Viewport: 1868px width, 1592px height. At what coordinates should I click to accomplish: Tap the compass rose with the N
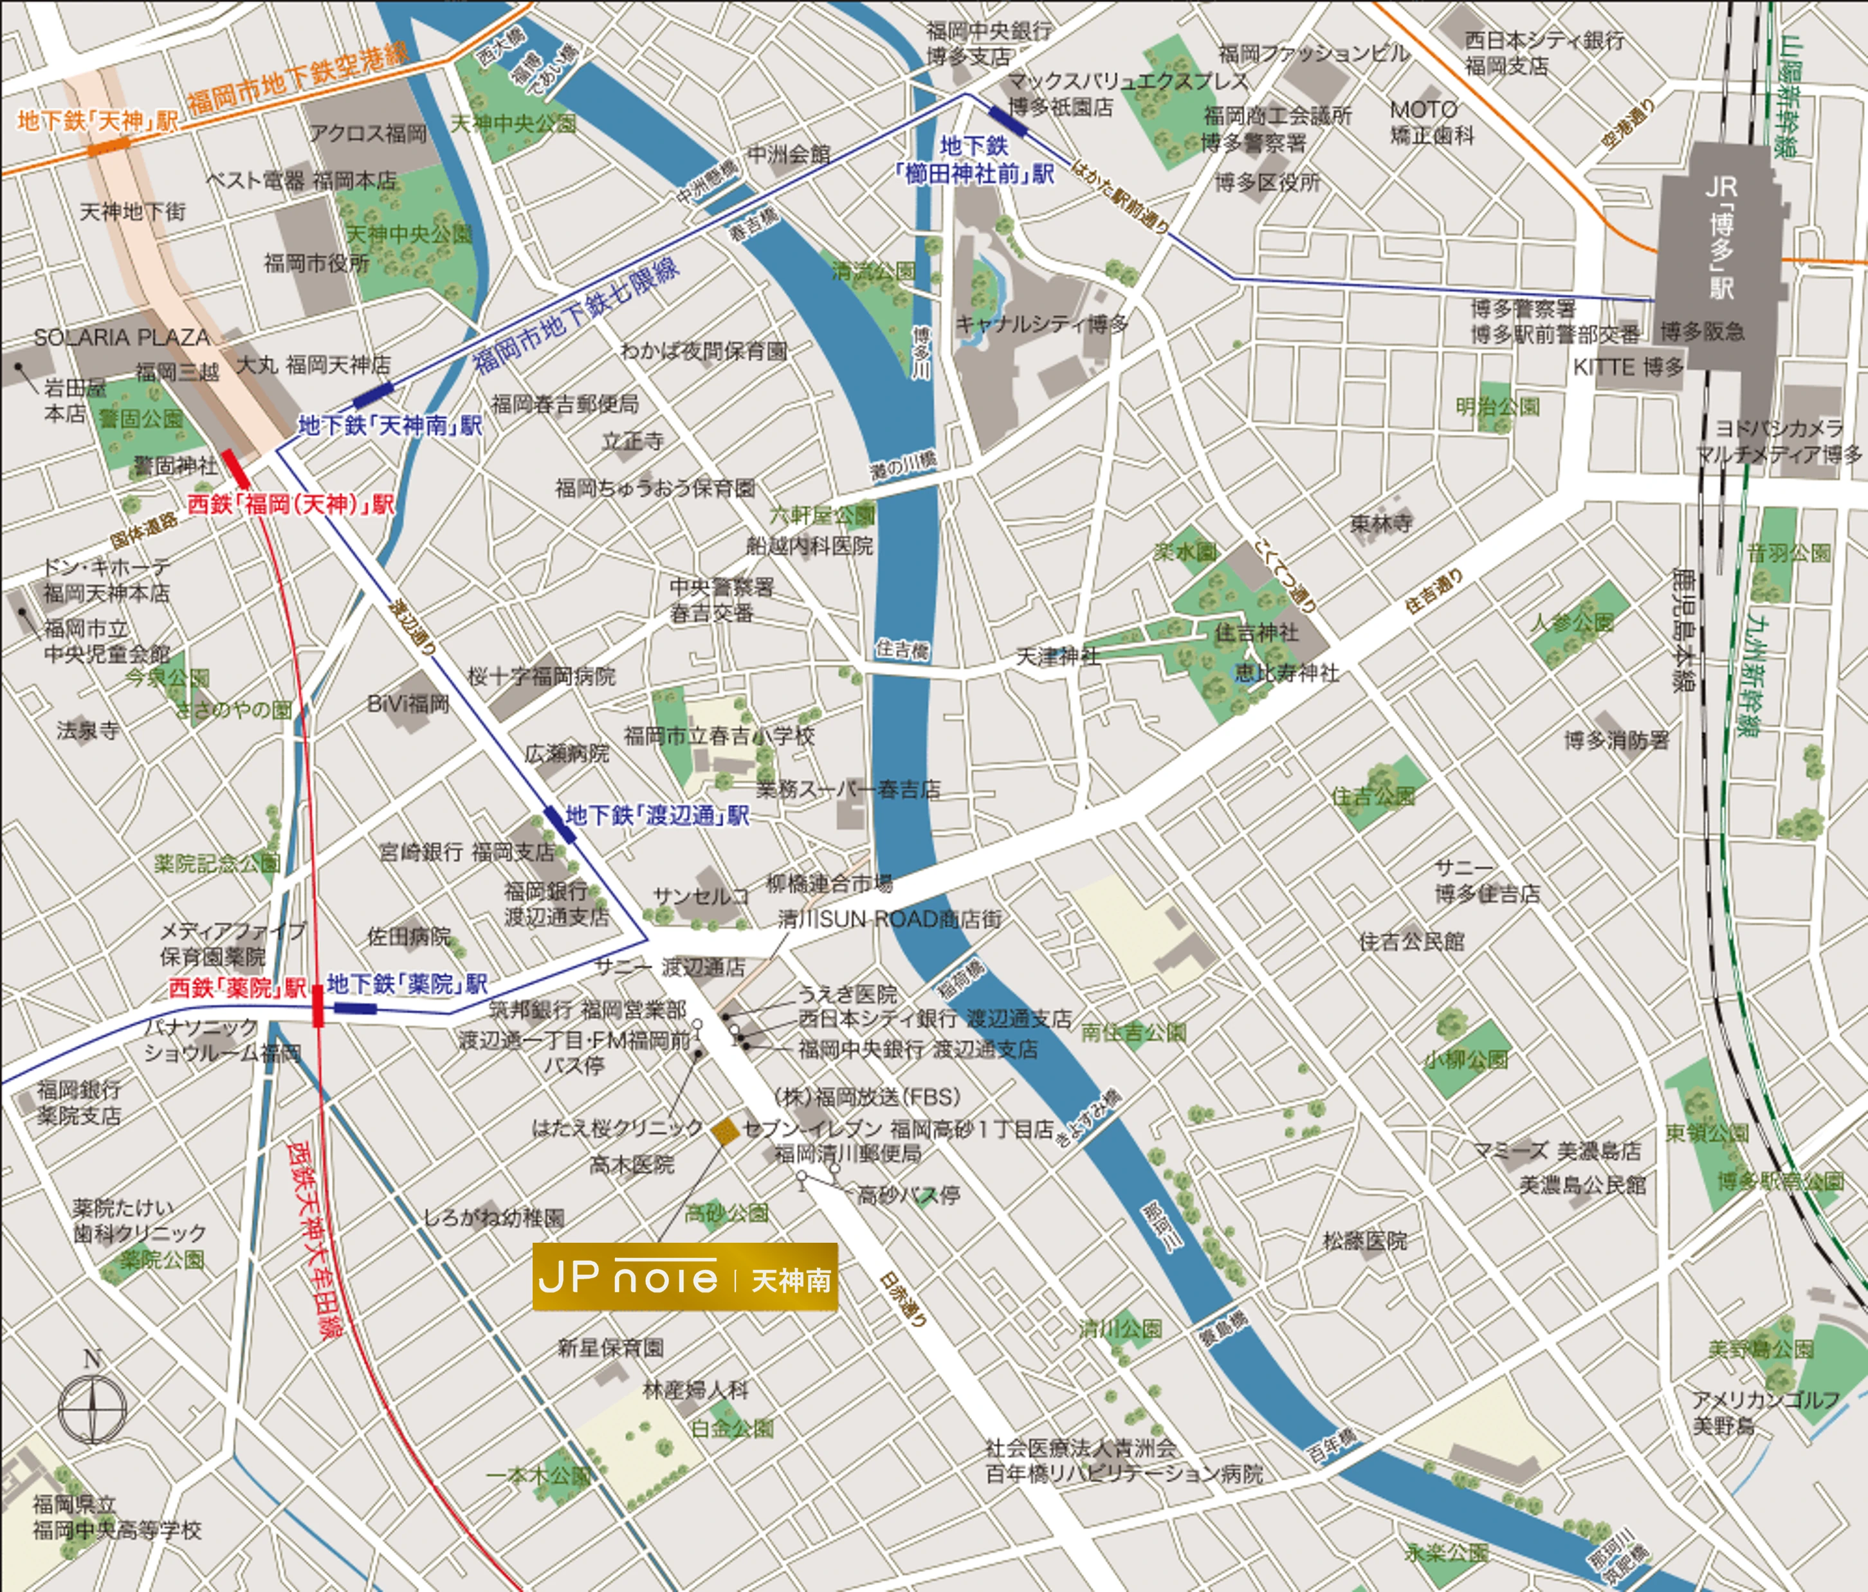click(x=92, y=1405)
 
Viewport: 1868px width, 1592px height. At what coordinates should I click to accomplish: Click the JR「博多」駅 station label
click(x=1720, y=238)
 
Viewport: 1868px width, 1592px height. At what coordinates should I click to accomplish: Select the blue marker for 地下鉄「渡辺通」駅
click(x=560, y=824)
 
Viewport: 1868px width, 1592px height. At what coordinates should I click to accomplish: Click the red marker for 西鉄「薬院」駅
click(x=317, y=1006)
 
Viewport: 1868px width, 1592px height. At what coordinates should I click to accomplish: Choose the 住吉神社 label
click(x=1257, y=633)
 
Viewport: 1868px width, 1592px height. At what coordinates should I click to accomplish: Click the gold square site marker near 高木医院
click(x=725, y=1132)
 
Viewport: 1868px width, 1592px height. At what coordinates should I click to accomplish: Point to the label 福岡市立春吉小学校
click(x=719, y=736)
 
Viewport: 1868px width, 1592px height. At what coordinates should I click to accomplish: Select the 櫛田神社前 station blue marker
click(x=1008, y=122)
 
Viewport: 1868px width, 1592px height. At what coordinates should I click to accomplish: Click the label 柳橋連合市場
click(x=829, y=883)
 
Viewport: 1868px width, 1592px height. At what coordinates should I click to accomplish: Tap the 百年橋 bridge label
click(x=1332, y=1448)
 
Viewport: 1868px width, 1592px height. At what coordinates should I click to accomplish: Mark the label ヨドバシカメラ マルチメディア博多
click(x=1779, y=442)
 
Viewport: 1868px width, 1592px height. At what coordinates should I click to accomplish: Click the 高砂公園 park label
click(x=727, y=1213)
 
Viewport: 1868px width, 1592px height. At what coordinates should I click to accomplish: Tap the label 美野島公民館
click(x=1582, y=1185)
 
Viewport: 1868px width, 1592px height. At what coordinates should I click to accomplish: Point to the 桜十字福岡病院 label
click(x=542, y=676)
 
